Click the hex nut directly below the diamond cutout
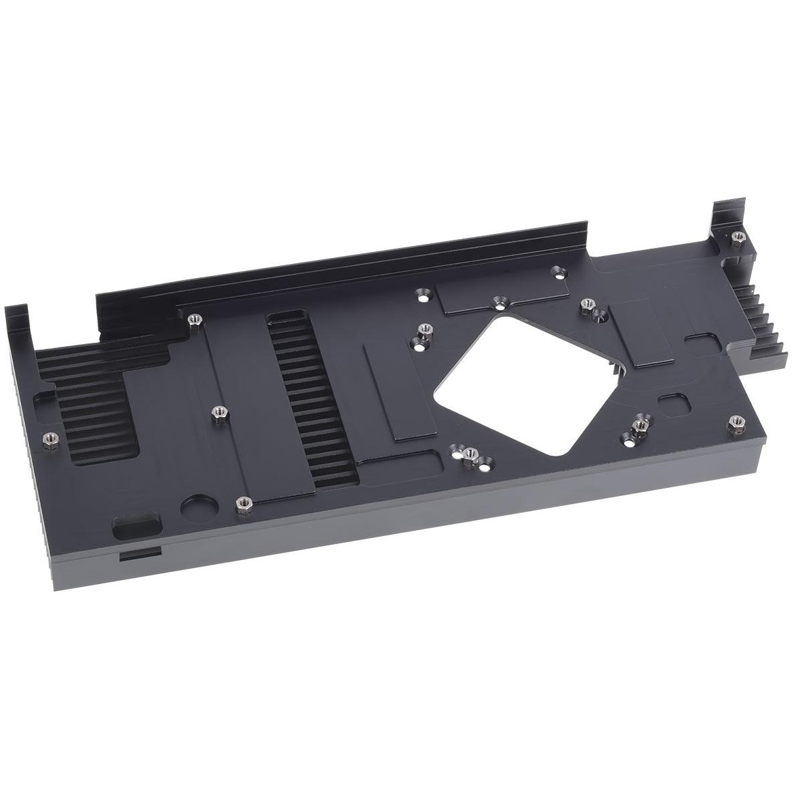coord(468,454)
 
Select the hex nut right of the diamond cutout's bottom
coord(642,424)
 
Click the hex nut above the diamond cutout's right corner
coord(588,302)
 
